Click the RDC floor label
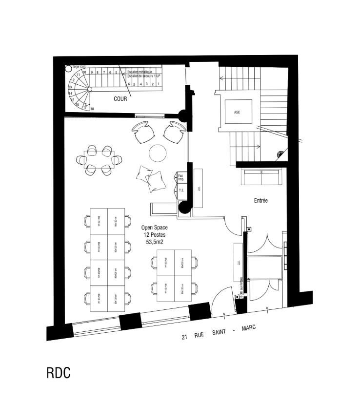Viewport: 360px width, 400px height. coord(59,373)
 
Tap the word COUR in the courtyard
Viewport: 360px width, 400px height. coord(120,99)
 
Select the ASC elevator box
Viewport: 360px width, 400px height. coord(238,113)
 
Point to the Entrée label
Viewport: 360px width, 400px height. coord(261,200)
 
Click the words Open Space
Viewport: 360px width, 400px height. coord(154,228)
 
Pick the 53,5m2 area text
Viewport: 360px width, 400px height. coord(154,241)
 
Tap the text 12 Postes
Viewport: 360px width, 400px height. coord(154,234)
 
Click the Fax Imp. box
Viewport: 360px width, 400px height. coord(180,177)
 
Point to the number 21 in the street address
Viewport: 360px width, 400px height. coord(184,337)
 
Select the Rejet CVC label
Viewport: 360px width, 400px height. coord(79,67)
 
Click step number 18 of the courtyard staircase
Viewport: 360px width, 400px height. coord(92,109)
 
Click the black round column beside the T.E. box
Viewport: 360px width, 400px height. coord(184,208)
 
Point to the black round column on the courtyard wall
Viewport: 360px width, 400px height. coord(184,116)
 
